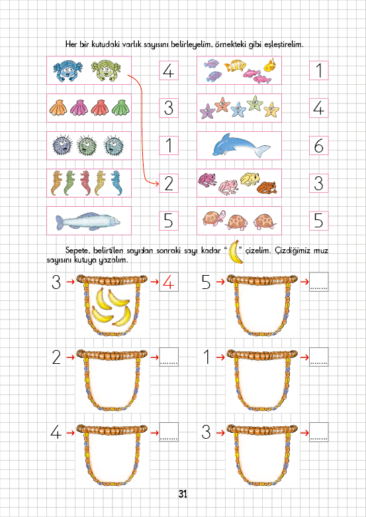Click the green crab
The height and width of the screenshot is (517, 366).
tap(106, 70)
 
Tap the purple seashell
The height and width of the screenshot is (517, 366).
tap(79, 107)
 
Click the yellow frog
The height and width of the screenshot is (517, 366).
tap(250, 179)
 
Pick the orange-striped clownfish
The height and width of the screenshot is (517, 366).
tap(235, 65)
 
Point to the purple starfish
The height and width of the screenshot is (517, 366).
tap(207, 111)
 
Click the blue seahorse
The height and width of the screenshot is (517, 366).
tap(116, 183)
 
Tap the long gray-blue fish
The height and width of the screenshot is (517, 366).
tap(88, 221)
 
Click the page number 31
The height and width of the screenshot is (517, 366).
tap(183, 494)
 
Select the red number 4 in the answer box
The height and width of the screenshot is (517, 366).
tap(169, 282)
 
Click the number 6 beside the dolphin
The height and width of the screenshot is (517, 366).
tap(318, 146)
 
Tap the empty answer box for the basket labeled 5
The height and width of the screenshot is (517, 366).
tap(319, 282)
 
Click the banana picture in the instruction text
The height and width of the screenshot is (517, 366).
tap(236, 252)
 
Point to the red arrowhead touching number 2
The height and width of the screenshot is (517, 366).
tap(156, 183)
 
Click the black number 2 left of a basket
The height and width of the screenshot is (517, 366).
tap(56, 357)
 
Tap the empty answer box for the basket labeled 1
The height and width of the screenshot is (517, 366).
tap(319, 357)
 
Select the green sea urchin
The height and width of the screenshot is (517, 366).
tap(86, 145)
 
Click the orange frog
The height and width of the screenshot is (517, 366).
tap(267, 188)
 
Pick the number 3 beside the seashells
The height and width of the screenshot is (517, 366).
tap(169, 108)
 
